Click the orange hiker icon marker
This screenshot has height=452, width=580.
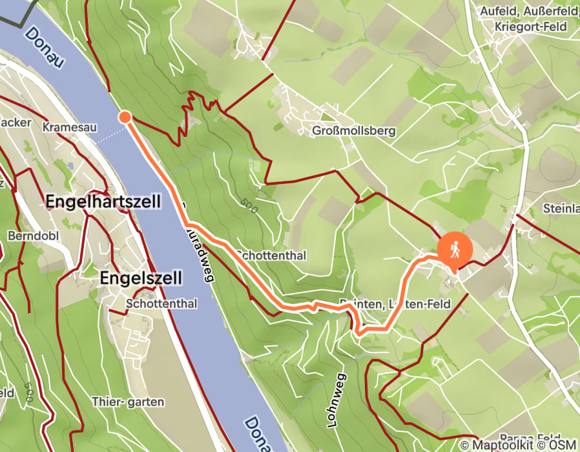tap(455, 250)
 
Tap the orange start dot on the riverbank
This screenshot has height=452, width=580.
tap(125, 117)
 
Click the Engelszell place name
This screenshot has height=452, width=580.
tap(141, 278)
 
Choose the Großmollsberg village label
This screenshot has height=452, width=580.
tap(353, 131)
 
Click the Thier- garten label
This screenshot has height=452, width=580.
tap(128, 402)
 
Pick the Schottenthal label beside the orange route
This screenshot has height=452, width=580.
tap(271, 256)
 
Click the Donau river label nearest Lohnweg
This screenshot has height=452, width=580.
tap(259, 432)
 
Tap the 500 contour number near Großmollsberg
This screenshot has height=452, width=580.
tap(251, 207)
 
